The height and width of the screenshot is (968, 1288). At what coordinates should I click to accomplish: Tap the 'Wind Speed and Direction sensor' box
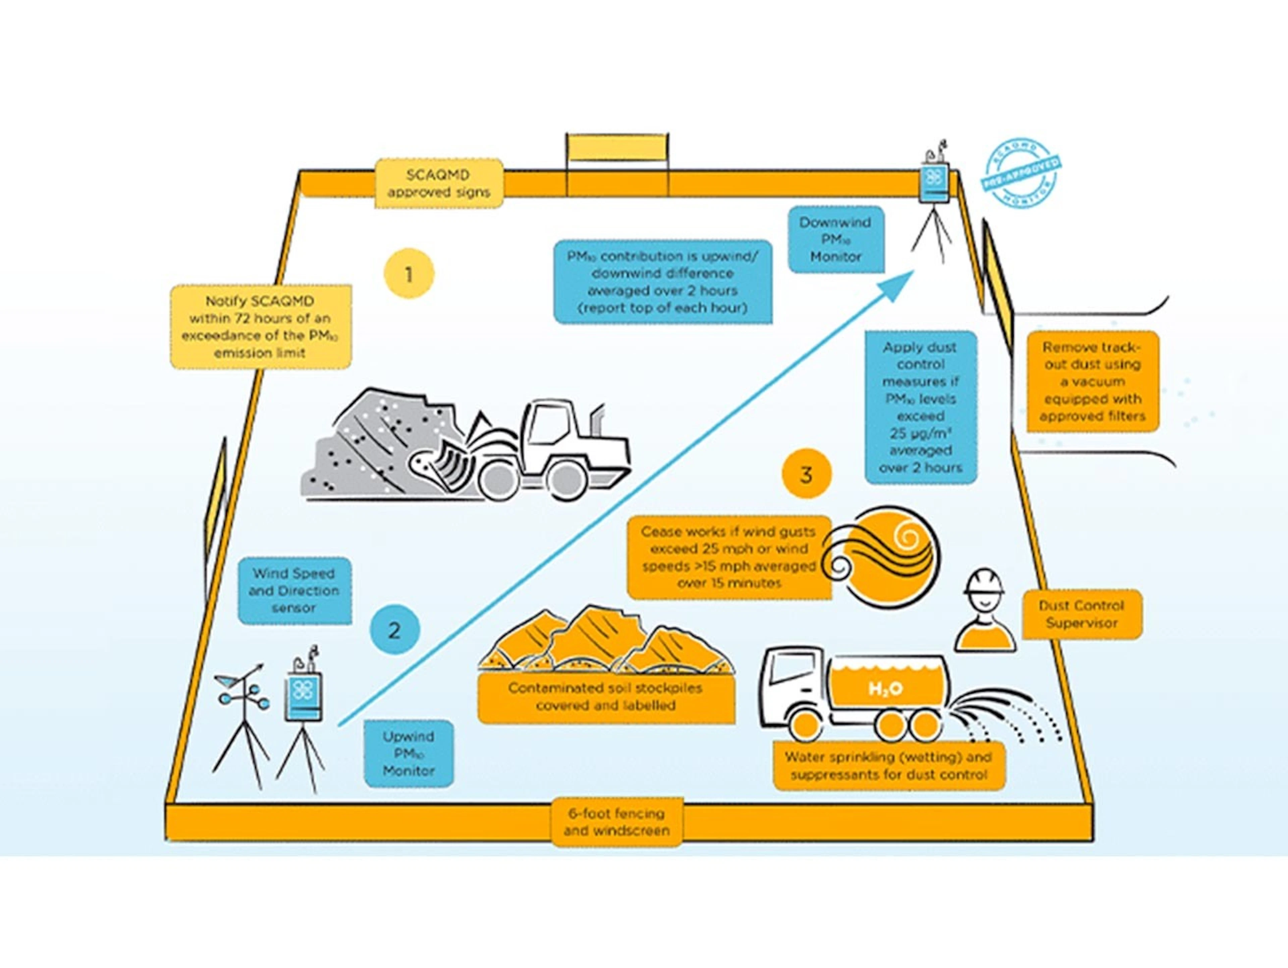[294, 591]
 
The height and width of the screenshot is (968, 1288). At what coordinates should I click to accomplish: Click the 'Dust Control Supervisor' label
[1081, 614]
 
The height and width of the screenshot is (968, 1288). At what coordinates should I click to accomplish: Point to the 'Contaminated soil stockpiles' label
[605, 697]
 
